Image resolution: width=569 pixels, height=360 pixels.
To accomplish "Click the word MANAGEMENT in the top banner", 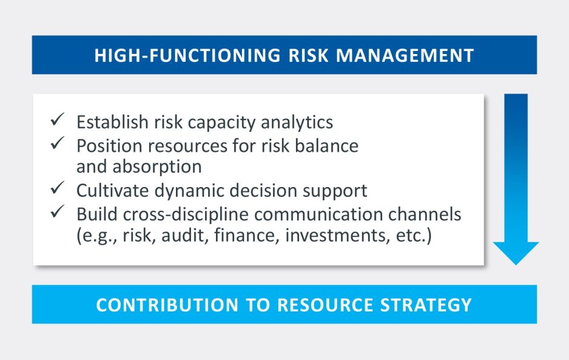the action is [405, 56].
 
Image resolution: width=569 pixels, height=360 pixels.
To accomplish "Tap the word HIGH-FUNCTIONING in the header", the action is [187, 56].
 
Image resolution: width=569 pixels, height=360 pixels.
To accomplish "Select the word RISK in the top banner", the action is [308, 56].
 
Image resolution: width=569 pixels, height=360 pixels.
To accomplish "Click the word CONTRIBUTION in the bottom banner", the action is [167, 305].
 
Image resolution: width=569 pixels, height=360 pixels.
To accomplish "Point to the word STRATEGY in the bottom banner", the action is [426, 305].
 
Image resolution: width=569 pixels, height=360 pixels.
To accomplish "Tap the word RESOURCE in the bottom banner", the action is [326, 305].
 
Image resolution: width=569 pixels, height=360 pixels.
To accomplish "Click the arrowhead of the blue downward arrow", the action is [516, 253].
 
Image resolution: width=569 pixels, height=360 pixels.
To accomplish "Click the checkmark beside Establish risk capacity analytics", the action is [58, 119].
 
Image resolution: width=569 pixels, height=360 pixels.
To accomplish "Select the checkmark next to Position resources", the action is [58, 143].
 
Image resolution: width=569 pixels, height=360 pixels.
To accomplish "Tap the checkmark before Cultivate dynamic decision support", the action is [58, 188].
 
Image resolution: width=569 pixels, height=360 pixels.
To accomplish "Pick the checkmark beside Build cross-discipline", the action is [58, 211].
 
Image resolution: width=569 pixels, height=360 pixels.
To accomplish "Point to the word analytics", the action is [297, 123].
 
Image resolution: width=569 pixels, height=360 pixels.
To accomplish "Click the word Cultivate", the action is [112, 191].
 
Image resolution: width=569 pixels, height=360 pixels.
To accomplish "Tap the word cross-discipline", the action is [186, 214].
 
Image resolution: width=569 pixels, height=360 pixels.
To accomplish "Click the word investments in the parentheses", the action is [335, 236].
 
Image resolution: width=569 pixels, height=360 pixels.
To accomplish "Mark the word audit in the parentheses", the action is [184, 236].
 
